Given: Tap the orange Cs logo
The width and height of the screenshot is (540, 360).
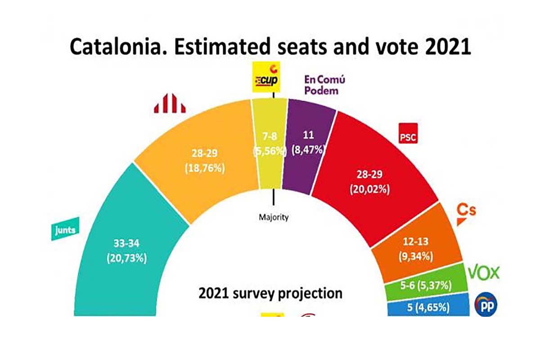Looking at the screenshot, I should click(x=466, y=213).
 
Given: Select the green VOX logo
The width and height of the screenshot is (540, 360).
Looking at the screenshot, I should click(x=484, y=272).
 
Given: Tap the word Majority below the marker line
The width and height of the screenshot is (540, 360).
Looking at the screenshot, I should click(x=274, y=217).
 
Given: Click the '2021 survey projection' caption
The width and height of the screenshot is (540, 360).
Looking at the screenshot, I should click(x=270, y=293).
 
